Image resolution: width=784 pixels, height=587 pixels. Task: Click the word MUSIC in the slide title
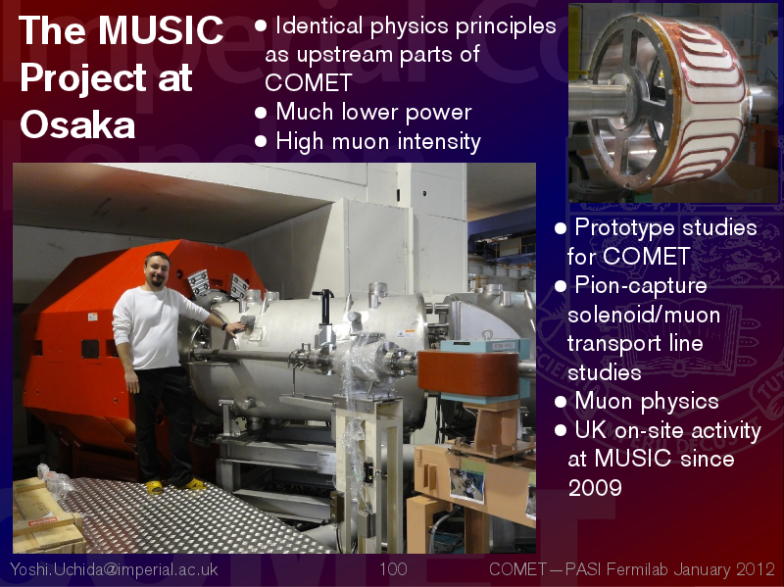point(161,30)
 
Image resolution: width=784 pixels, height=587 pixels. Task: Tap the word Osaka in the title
point(77,124)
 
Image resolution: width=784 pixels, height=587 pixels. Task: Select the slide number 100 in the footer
point(393,569)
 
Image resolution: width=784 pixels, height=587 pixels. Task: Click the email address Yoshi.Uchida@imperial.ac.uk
point(114,569)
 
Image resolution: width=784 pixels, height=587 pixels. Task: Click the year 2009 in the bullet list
point(595,487)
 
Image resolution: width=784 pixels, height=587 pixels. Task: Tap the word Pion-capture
point(641,285)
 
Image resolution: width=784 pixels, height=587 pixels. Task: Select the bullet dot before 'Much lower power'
point(261,113)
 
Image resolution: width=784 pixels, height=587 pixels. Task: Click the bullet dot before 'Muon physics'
point(561,402)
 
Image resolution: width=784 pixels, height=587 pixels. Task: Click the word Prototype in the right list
point(624,228)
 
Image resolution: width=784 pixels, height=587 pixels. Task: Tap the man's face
point(158,272)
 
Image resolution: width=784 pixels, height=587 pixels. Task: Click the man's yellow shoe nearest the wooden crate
point(155,486)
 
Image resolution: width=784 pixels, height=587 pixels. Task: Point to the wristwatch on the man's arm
point(224,326)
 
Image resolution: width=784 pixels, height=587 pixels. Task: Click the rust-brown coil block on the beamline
point(468,372)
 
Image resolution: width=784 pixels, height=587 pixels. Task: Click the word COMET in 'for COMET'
point(646,257)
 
